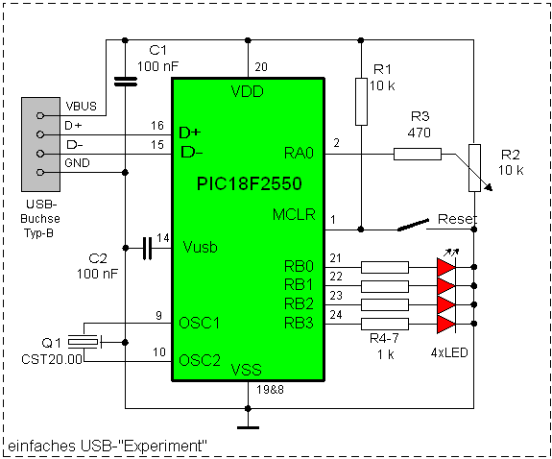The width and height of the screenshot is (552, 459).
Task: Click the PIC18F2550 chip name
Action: click(250, 183)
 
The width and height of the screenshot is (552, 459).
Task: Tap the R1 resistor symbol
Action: click(361, 102)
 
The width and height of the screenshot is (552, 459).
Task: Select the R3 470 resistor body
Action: click(418, 155)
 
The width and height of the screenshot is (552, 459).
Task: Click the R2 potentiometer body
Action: click(474, 168)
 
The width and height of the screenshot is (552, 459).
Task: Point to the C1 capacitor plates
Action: click(126, 82)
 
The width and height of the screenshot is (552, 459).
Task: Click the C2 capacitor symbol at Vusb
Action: click(148, 249)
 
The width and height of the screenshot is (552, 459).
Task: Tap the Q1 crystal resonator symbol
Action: click(84, 342)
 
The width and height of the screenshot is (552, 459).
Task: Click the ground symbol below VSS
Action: click(248, 427)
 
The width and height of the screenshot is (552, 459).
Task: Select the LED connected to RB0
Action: click(446, 267)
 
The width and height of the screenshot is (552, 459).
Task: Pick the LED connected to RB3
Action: click(446, 324)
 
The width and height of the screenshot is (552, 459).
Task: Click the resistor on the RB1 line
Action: click(385, 286)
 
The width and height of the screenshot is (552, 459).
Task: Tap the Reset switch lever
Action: click(413, 225)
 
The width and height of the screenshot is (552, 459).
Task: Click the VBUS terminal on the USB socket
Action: click(40, 115)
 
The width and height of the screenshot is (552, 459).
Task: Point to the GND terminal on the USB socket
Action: click(40, 172)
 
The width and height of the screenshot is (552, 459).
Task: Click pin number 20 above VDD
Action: click(261, 67)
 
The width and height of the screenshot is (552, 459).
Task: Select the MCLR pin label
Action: click(294, 214)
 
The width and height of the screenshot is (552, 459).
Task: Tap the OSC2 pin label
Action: click(200, 360)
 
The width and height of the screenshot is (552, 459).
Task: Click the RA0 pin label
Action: click(299, 154)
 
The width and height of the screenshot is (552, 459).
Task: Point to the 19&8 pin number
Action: click(270, 390)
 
